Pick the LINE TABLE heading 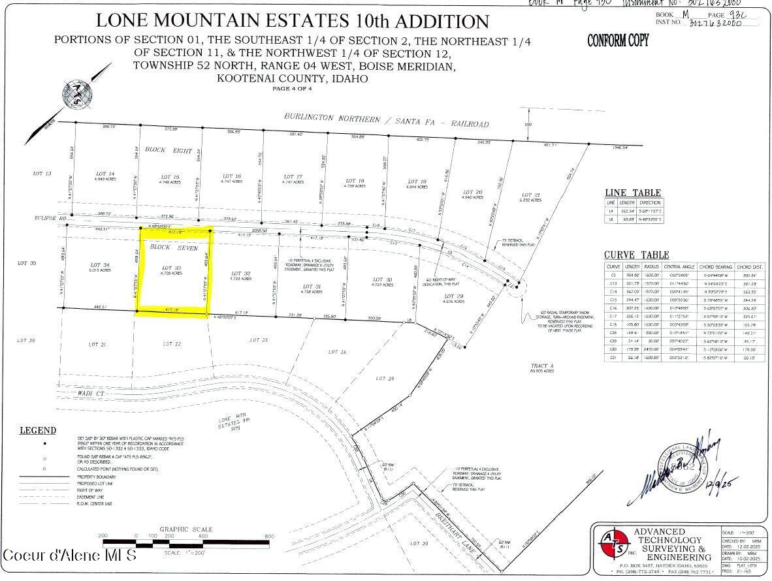[x=632, y=193]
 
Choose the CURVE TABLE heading [x=636, y=255]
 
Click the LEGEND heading [x=37, y=430]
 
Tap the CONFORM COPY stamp [x=618, y=40]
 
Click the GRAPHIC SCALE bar [x=186, y=542]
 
